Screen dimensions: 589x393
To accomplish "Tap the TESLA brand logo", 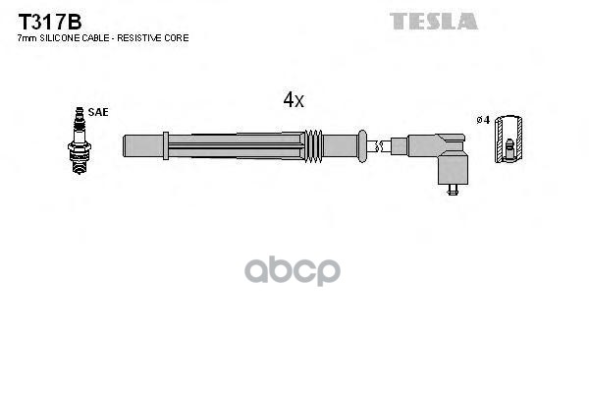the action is (433, 21).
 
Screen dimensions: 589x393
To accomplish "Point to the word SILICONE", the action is (57, 37).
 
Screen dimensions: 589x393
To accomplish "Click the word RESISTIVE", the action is (144, 37).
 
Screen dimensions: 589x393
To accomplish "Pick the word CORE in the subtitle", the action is (177, 37).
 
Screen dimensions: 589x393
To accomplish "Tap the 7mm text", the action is (27, 37).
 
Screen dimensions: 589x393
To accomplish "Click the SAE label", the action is (98, 113).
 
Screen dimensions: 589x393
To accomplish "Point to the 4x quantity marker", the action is (294, 99).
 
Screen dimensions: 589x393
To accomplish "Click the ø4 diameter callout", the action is (482, 120).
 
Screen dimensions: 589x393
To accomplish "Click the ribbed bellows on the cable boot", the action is (313, 144).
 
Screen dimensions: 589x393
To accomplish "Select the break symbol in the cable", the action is (375, 145).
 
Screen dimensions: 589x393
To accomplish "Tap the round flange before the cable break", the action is (361, 144).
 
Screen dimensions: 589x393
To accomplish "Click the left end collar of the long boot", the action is (128, 144).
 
